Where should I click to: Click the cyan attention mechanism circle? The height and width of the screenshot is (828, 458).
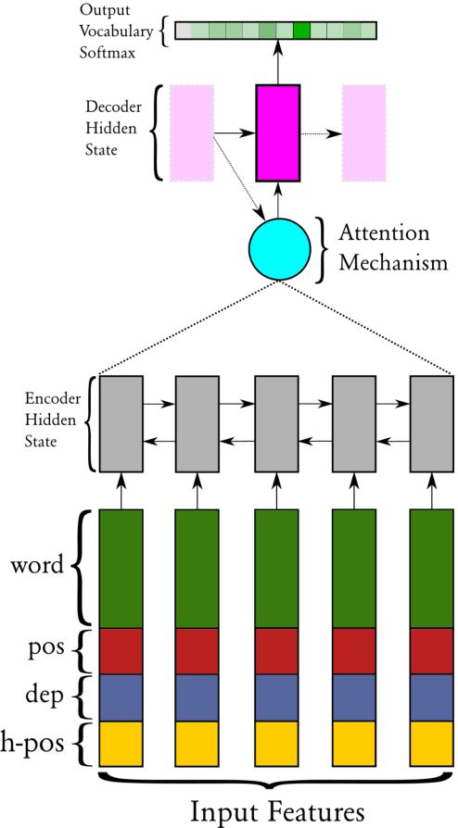(279, 250)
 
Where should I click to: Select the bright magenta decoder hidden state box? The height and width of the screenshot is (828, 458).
(278, 132)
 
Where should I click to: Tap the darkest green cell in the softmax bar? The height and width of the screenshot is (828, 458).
(301, 31)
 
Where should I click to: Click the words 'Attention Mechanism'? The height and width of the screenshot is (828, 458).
(384, 247)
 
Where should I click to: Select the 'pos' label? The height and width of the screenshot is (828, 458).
(49, 648)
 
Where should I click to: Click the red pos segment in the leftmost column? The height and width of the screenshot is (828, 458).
(121, 651)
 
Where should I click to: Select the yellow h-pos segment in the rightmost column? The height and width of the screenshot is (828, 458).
(432, 744)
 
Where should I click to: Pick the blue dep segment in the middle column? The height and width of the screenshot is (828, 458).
(276, 697)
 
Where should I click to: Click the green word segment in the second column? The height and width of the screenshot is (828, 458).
(198, 568)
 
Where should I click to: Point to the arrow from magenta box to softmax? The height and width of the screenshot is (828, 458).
(278, 63)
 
